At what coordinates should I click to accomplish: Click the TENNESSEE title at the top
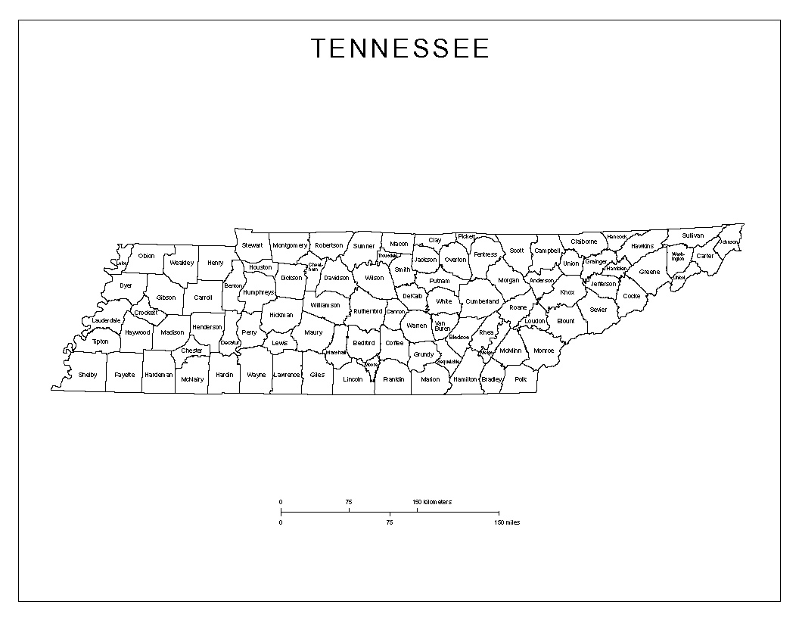[400, 49]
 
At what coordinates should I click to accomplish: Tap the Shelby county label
[88, 375]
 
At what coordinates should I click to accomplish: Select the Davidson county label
[337, 278]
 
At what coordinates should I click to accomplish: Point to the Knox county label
[567, 292]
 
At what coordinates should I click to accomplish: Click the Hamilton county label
[465, 379]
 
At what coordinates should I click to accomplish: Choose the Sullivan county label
[692, 235]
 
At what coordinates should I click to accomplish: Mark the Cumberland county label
[482, 301]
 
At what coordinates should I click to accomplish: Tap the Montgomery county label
[290, 245]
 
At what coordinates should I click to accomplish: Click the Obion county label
[146, 256]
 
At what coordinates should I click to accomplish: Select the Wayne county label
[256, 375]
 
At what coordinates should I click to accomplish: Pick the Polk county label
[520, 379]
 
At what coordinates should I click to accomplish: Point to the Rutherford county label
[368, 311]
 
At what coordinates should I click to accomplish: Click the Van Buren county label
[442, 326]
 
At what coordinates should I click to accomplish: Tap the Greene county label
[649, 272]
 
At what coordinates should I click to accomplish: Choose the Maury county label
[313, 332]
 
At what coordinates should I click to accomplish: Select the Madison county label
[173, 332]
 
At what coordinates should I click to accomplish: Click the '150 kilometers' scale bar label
[432, 502]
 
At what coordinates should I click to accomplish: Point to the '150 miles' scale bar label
[508, 522]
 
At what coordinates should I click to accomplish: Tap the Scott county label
[516, 251]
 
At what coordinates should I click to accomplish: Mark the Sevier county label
[598, 310]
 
